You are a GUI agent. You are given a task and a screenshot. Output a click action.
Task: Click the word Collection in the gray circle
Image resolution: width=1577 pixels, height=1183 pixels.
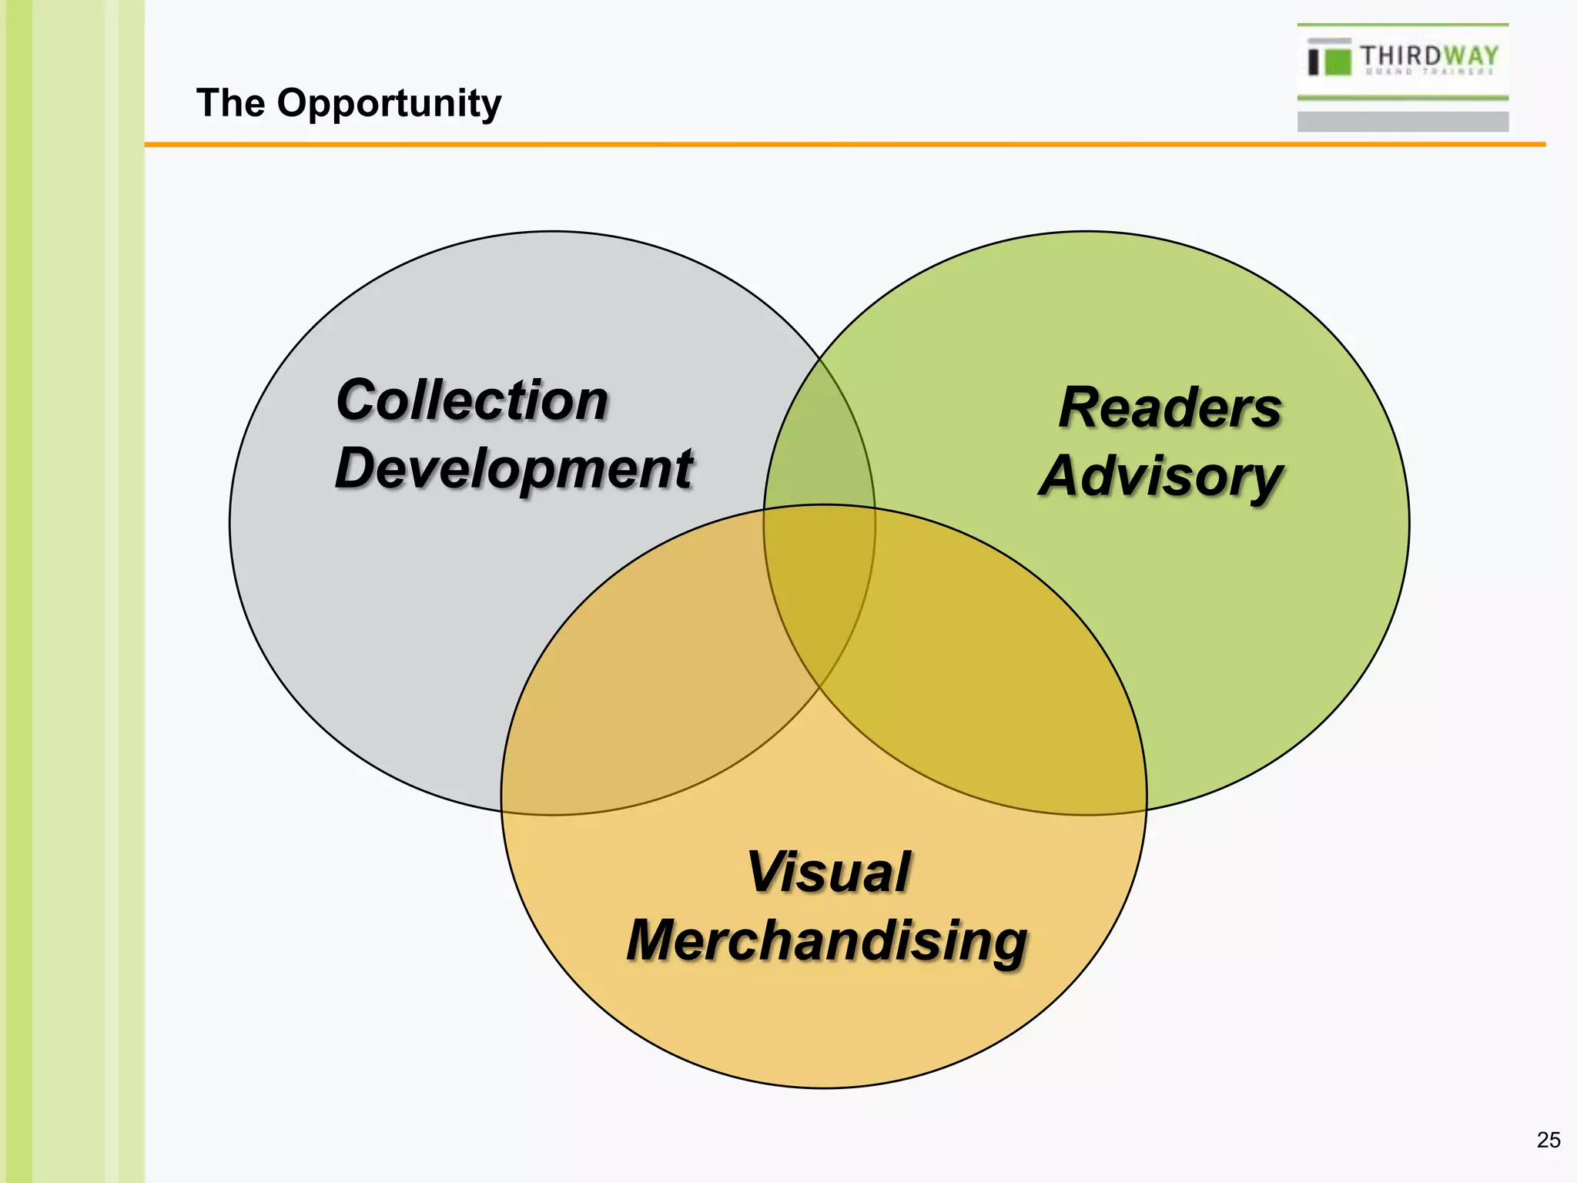472,400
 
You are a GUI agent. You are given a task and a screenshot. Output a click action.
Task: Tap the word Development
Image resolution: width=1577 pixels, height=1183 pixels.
514,469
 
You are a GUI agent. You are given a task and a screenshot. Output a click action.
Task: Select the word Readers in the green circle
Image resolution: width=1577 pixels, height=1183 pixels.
1170,407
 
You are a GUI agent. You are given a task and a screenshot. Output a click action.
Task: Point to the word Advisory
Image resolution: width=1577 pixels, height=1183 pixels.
1161,477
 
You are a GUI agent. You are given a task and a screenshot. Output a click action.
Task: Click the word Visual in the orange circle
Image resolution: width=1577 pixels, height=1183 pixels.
829,873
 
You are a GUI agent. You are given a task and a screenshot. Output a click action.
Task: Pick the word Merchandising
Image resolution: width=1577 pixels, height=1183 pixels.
827,941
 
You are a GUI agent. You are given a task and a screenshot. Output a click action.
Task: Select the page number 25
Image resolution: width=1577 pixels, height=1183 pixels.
1549,1140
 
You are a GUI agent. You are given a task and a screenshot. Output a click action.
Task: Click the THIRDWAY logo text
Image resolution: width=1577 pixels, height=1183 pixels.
1428,56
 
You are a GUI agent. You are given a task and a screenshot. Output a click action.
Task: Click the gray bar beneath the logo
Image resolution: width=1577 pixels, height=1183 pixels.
1402,122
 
